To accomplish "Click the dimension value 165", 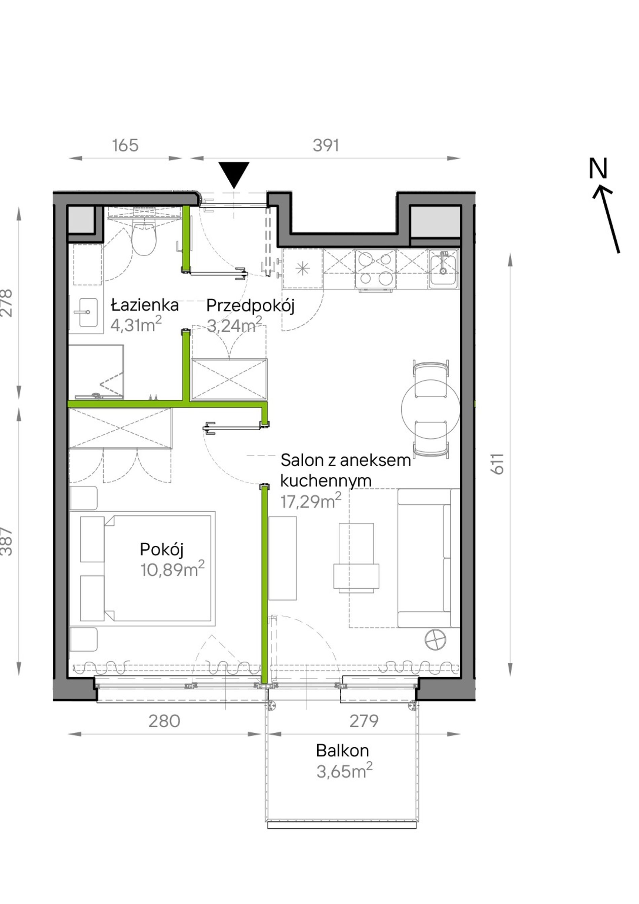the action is tap(125, 145).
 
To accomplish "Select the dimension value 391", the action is tap(326, 145).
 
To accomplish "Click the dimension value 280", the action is tap(164, 721).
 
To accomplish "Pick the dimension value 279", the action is tap(364, 721).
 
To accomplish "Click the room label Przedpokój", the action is tap(251, 305).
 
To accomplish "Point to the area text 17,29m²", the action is tap(311, 501).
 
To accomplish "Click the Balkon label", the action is tap(342, 751).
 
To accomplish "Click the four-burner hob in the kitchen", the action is tap(375, 269).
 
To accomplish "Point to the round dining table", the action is tap(430, 409).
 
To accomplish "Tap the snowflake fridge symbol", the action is tap(303, 269).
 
